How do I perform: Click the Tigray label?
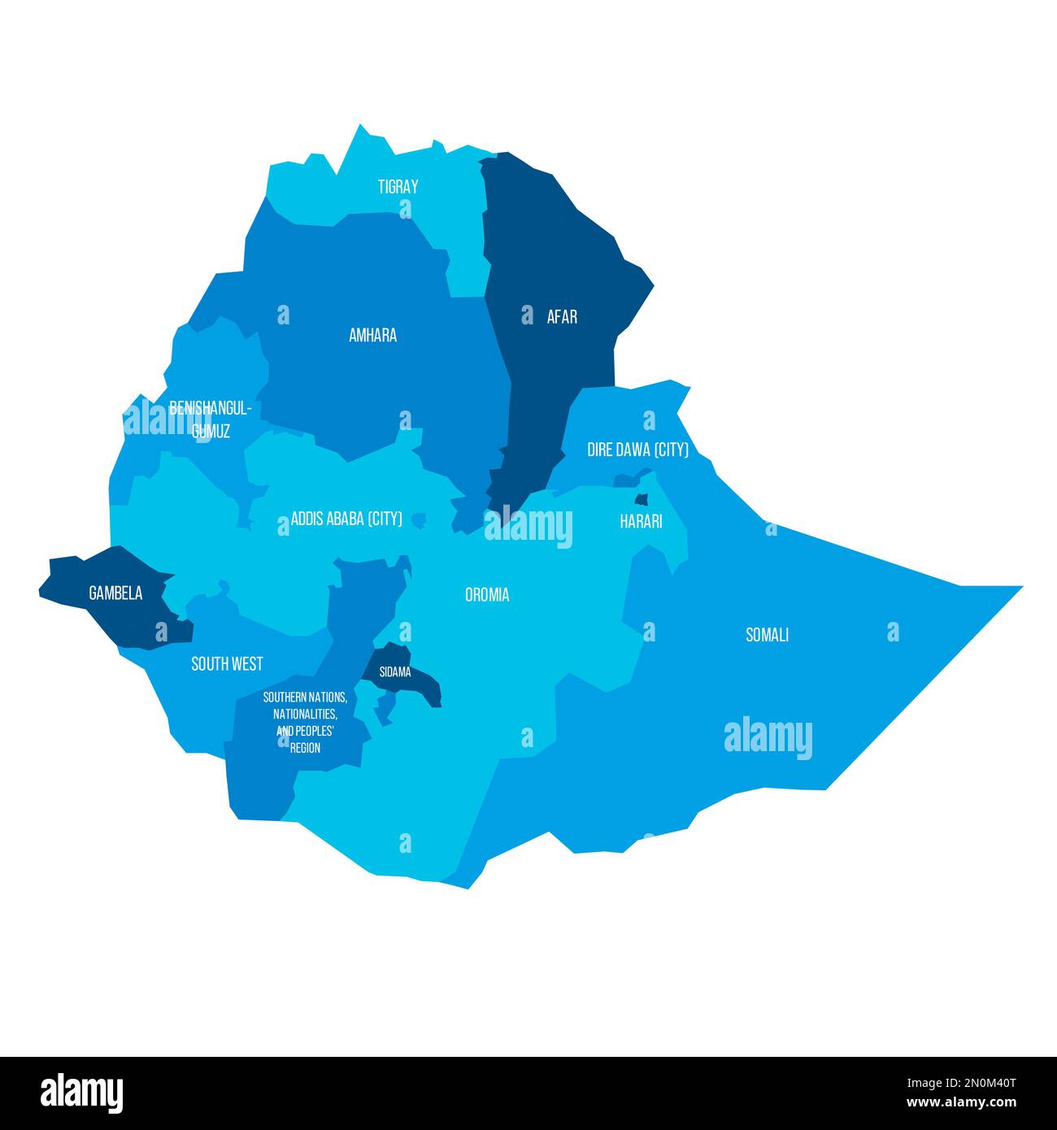tap(398, 187)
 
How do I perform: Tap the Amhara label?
tap(372, 335)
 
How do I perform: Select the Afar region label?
tap(562, 317)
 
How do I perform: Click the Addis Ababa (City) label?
tap(346, 519)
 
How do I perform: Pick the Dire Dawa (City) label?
tap(637, 450)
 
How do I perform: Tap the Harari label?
tap(641, 521)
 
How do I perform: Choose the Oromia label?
tap(487, 595)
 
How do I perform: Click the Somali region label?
tap(768, 635)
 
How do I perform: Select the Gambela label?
tap(115, 593)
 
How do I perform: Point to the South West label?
tap(227, 664)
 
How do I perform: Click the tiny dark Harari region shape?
tap(642, 499)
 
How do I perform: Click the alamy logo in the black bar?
tap(81, 1093)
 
